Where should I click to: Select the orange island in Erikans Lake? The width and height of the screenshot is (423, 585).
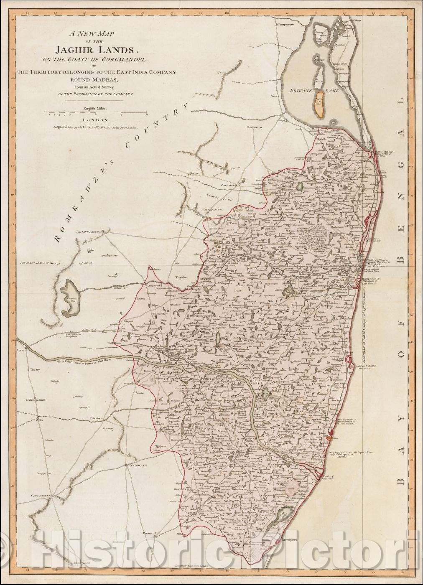[x=320, y=105]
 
